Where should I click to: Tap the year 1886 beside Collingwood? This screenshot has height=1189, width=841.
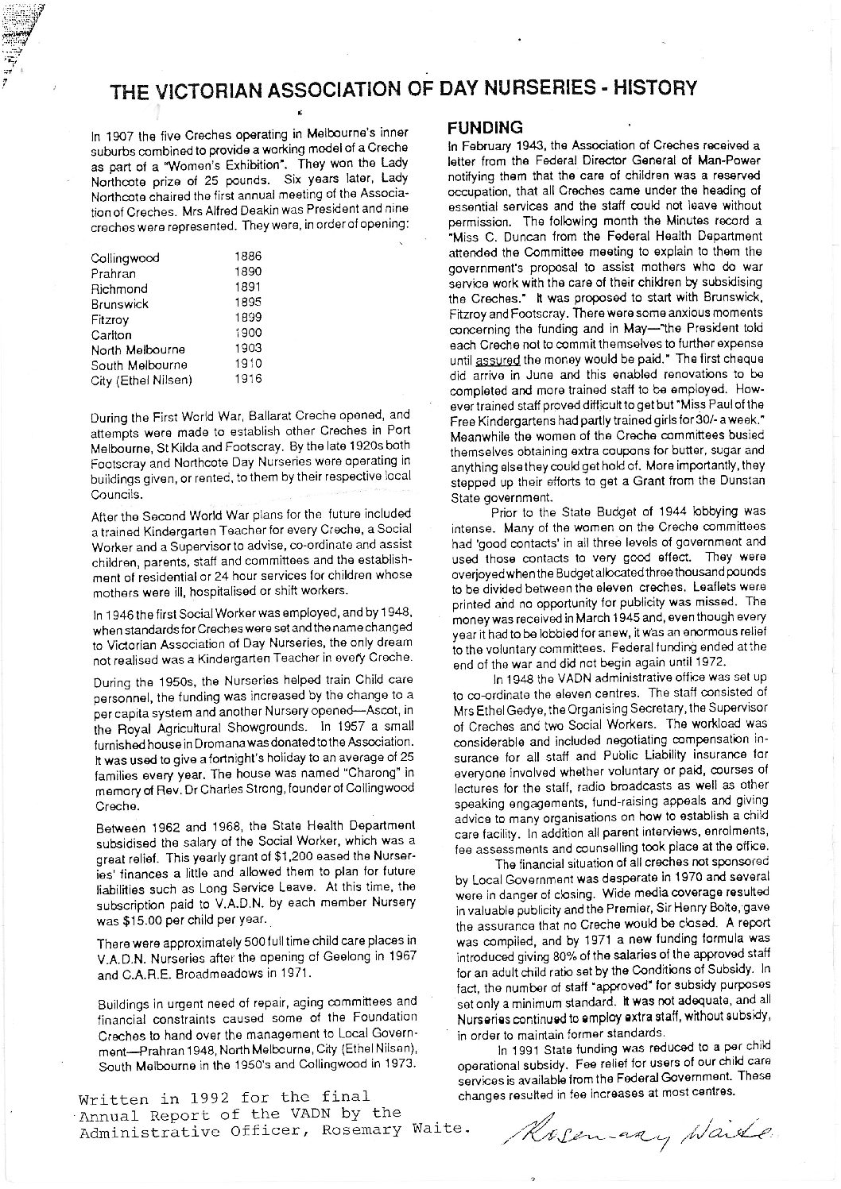click(x=249, y=257)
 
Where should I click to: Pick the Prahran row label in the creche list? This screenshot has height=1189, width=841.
click(x=114, y=273)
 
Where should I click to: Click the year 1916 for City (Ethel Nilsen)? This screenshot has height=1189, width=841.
click(x=249, y=379)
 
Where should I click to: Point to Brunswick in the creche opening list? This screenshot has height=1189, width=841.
click(x=120, y=303)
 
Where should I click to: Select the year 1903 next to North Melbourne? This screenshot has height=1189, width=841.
click(x=249, y=349)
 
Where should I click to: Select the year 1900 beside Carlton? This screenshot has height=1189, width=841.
click(x=249, y=334)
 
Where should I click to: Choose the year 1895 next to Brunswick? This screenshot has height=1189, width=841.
click(x=249, y=303)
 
